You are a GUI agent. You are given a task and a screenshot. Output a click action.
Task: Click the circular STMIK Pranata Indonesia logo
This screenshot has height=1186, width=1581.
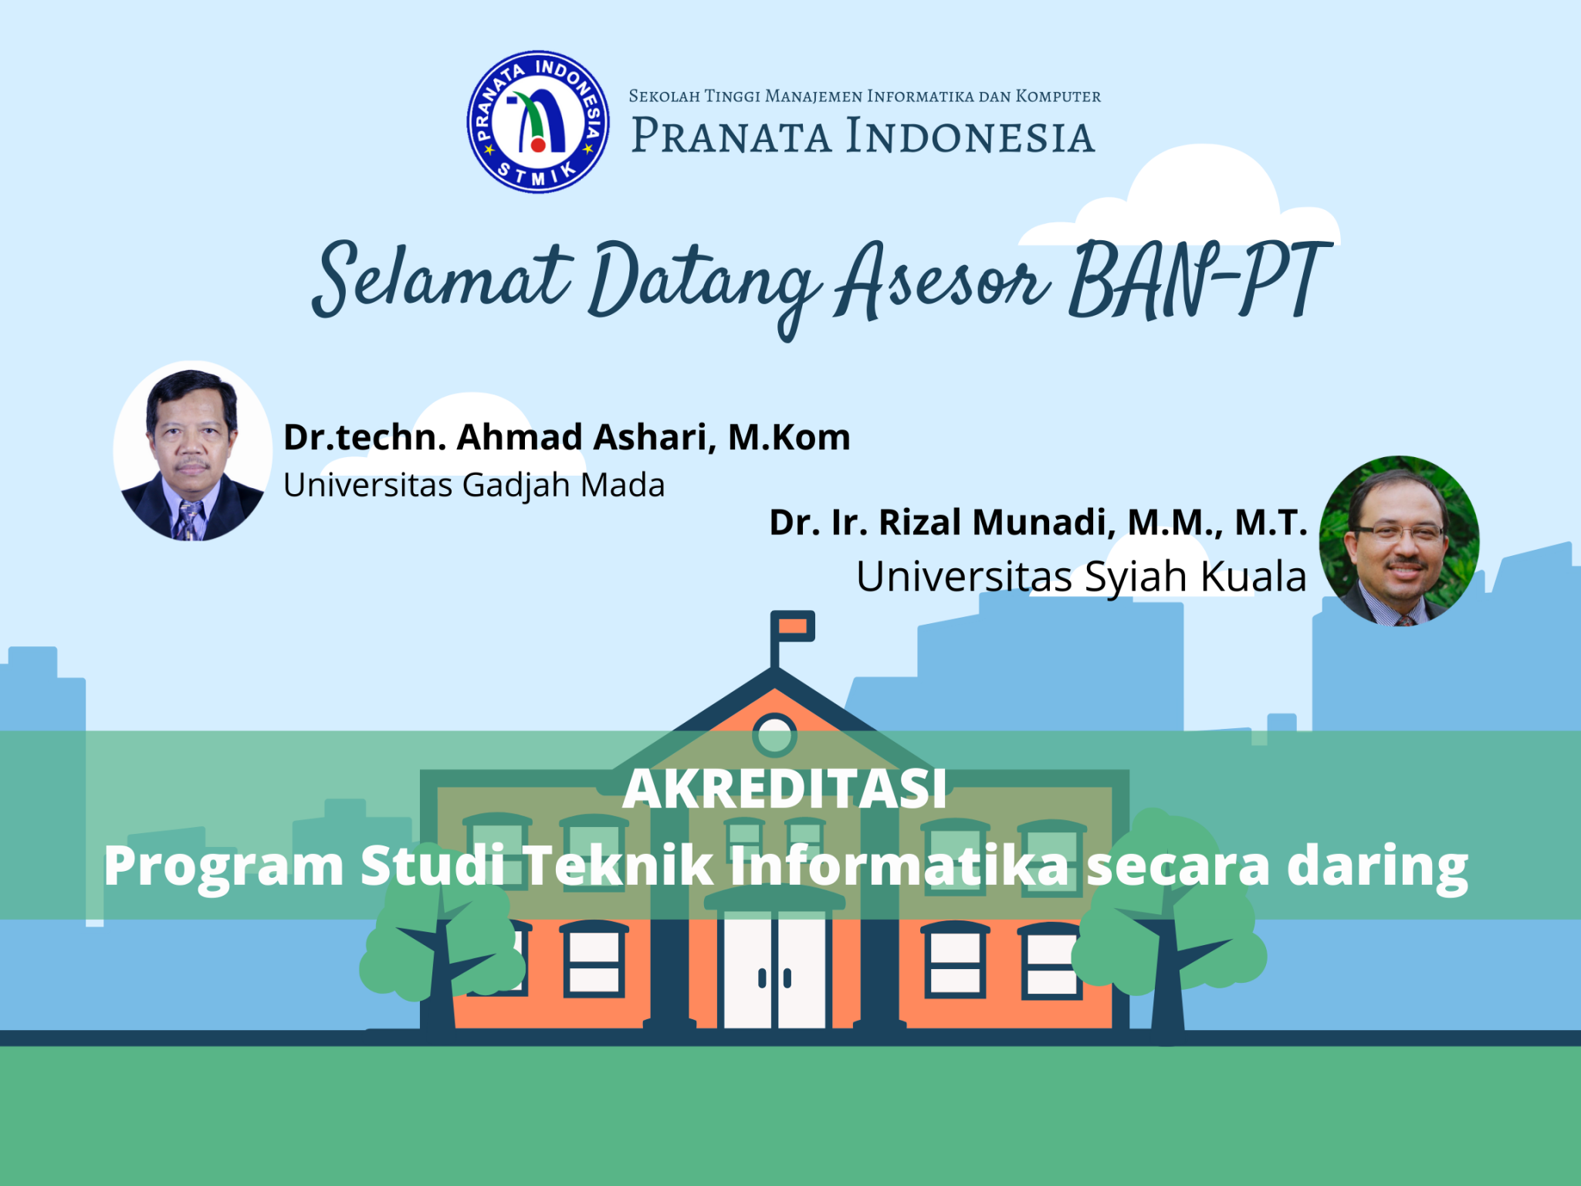pos(538,122)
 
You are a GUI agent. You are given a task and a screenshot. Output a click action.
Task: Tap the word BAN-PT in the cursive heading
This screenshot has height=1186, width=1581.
pos(1201,280)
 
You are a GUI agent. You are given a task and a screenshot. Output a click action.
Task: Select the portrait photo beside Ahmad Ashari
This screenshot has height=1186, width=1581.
pos(192,451)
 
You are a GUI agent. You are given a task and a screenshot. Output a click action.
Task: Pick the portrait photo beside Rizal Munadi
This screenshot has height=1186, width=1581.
pos(1399,540)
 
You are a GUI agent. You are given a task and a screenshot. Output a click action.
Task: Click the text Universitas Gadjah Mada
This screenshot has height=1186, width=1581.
pos(474,486)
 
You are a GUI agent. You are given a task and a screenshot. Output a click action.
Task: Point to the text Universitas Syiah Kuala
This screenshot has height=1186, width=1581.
pos(1081,577)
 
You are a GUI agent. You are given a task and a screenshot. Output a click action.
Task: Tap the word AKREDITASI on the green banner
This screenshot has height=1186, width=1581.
pos(784,789)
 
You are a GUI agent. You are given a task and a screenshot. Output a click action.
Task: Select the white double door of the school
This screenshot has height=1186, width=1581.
pos(774,970)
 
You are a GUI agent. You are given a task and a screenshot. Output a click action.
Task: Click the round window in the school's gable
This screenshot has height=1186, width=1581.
pos(774,734)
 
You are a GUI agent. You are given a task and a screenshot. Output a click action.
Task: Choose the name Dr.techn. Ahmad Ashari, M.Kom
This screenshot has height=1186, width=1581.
pos(567,437)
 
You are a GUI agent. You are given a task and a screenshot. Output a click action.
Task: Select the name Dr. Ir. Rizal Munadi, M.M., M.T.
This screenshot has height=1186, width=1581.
pos(1038,523)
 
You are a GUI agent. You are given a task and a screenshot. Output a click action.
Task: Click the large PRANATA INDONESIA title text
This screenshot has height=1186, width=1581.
pos(863,136)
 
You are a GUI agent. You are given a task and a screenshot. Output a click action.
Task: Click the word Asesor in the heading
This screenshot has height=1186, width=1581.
pos(943,280)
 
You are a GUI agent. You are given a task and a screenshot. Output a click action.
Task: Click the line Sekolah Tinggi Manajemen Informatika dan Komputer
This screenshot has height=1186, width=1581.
pos(865,97)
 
